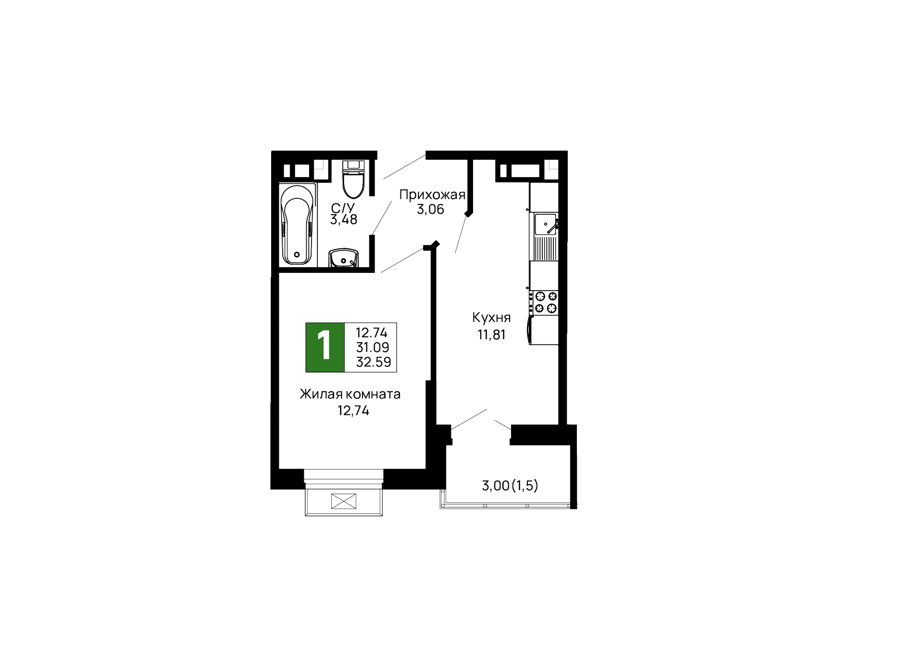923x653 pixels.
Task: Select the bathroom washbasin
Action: pos(343,258)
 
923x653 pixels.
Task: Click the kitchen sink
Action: pos(545,224)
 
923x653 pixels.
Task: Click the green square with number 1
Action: pos(325,347)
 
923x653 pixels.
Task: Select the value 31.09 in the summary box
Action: pos(373,347)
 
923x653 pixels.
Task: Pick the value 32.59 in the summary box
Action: pos(373,362)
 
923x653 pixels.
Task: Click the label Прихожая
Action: pos(432,195)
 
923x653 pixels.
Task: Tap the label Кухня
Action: pos(491,318)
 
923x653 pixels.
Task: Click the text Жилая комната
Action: pos(350,394)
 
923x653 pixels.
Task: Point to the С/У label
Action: pos(343,208)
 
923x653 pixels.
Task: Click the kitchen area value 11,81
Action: pos(491,334)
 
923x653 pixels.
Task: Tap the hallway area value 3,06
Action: pos(430,209)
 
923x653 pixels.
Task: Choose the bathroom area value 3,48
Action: pos(343,220)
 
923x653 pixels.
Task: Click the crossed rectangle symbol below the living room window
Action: pos(344,501)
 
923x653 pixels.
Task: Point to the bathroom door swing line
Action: pos(381,218)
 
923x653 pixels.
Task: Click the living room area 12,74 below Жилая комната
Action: pos(353,410)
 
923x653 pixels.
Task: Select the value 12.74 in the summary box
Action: pos(371,332)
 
